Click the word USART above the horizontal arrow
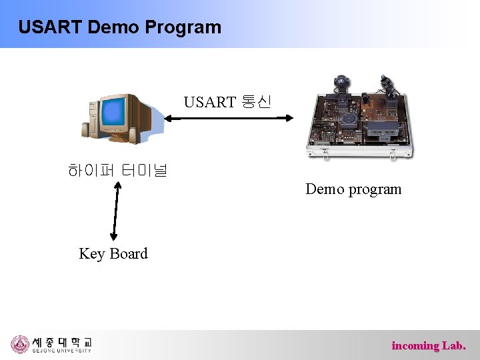click(x=210, y=102)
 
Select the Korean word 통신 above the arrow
click(x=256, y=102)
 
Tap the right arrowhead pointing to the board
click(x=289, y=119)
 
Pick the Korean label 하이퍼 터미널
click(x=117, y=171)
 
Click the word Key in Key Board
click(x=92, y=254)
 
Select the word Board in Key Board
click(x=128, y=253)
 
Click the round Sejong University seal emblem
click(x=20, y=344)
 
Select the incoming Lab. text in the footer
click(x=429, y=345)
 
